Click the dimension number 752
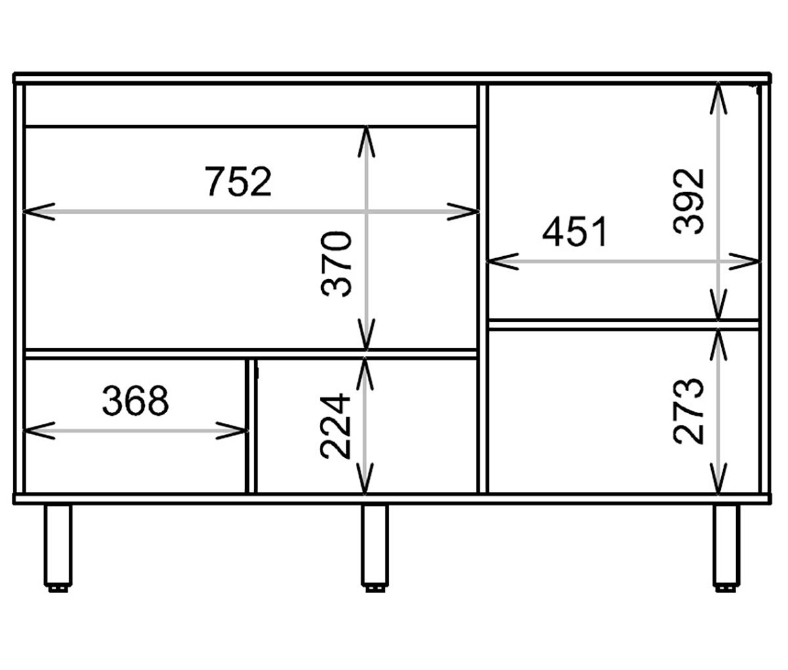click(x=238, y=182)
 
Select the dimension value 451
click(x=576, y=232)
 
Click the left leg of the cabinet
click(x=57, y=545)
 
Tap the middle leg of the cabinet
click(x=375, y=545)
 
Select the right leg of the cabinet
click(x=726, y=545)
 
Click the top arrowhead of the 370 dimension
click(x=366, y=135)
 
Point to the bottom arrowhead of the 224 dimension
click(x=366, y=484)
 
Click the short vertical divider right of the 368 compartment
click(x=251, y=425)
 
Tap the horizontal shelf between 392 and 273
click(x=624, y=324)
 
